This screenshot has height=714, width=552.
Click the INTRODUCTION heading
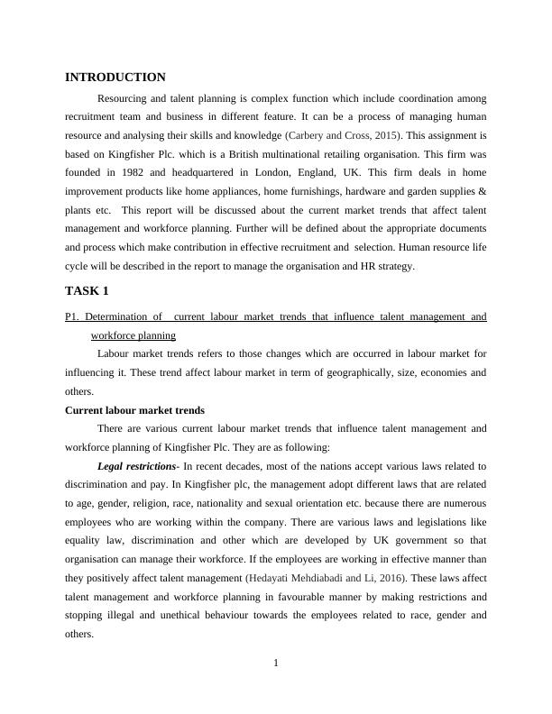coord(115,78)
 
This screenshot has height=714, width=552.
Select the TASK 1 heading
coord(87,291)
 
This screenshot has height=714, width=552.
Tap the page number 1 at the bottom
coord(276,664)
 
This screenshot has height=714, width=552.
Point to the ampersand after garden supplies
coord(483,193)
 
